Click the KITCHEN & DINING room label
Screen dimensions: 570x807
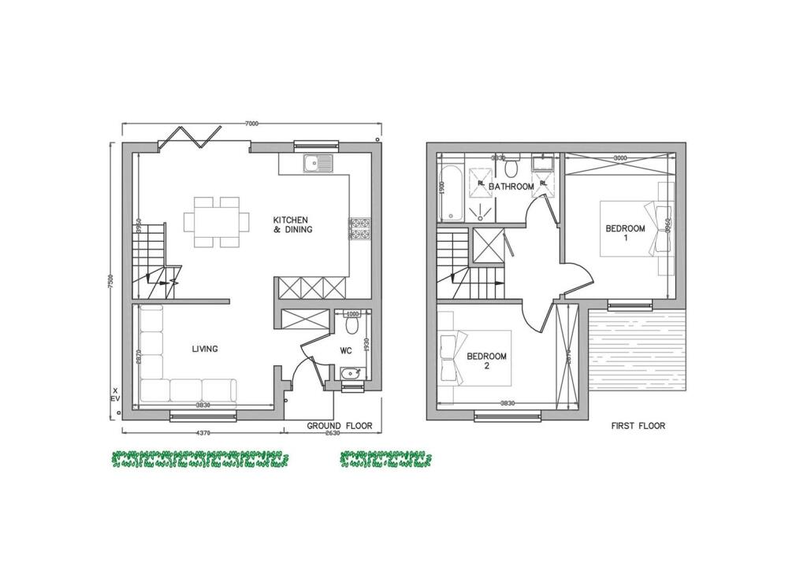pyautogui.click(x=292, y=224)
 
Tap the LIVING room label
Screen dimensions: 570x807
pyautogui.click(x=206, y=349)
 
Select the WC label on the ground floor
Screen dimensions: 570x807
pyautogui.click(x=345, y=350)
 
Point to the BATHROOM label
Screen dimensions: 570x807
pyautogui.click(x=511, y=187)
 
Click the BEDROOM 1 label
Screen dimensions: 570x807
pyautogui.click(x=625, y=233)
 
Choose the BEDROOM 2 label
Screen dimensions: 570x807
pyautogui.click(x=486, y=361)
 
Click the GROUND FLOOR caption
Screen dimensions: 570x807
pyautogui.click(x=340, y=426)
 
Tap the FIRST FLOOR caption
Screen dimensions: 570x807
pyautogui.click(x=638, y=426)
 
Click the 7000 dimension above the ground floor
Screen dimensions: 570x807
pyautogui.click(x=251, y=124)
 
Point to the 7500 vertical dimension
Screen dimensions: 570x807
pyautogui.click(x=112, y=280)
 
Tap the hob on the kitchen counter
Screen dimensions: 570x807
pyautogui.click(x=359, y=228)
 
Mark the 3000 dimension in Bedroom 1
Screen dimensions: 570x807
pyautogui.click(x=620, y=158)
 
